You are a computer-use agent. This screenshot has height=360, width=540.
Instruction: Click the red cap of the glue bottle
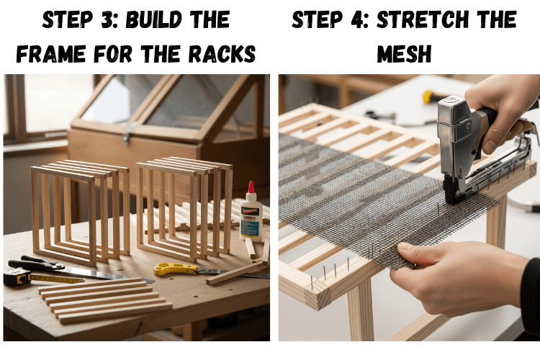click(x=251, y=187)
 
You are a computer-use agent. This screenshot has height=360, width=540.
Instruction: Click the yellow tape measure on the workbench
click(x=17, y=276)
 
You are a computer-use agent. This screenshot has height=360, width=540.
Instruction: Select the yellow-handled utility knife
click(x=176, y=269)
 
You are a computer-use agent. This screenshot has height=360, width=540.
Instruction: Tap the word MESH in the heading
click(x=404, y=54)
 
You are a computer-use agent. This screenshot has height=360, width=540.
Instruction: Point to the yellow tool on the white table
click(x=431, y=96)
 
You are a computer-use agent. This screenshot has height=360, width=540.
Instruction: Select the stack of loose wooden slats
click(x=106, y=300)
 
